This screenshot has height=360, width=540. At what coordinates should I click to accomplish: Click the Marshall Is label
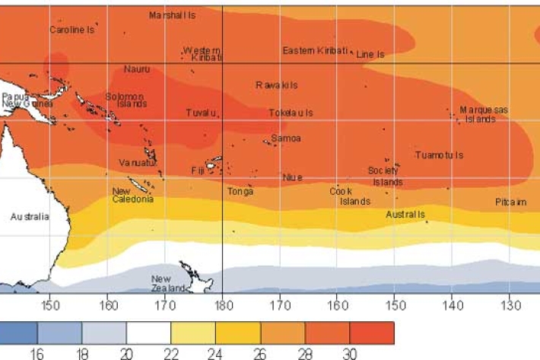[172, 15]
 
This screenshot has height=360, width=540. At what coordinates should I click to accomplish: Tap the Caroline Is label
[71, 30]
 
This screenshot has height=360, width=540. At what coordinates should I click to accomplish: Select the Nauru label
[137, 69]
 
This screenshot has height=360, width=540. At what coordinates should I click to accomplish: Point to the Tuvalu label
[202, 113]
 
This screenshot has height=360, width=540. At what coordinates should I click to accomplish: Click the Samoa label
[286, 139]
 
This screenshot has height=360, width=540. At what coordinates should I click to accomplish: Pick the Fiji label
[199, 170]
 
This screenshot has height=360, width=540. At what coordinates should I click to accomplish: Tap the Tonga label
[240, 192]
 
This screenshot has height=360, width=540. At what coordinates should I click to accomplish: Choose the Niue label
[292, 177]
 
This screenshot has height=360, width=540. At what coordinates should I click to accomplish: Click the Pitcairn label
[510, 202]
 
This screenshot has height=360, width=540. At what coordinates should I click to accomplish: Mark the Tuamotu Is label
[439, 155]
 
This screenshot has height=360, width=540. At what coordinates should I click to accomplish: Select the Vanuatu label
[137, 163]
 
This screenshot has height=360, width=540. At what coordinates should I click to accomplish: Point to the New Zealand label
[167, 284]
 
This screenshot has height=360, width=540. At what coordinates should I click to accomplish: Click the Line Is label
[370, 55]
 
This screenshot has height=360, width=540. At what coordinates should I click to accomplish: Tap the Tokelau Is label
[291, 113]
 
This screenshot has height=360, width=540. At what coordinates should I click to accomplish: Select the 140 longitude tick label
[453, 306]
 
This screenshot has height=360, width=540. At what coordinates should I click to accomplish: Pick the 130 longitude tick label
[510, 306]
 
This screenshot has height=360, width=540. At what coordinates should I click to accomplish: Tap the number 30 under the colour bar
[349, 354]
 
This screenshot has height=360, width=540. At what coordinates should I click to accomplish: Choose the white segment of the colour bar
[148, 333]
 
